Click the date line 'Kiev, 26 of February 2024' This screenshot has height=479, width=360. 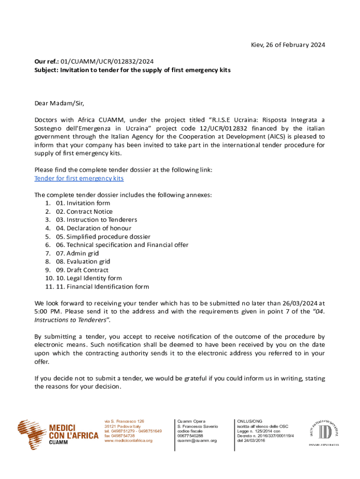[x=286, y=45]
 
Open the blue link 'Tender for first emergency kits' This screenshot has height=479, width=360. [x=79, y=178]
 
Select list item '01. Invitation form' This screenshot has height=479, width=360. [x=83, y=203]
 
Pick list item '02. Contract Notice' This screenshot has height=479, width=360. [x=84, y=211]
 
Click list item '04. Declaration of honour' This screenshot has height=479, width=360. [x=93, y=228]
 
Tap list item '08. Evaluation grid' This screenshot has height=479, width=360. [x=83, y=261]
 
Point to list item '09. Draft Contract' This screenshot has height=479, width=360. [x=82, y=270]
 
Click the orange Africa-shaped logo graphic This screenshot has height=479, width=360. [x=31, y=433]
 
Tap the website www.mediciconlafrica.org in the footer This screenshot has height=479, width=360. [x=128, y=441]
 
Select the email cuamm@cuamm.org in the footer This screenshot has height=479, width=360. [x=197, y=441]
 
